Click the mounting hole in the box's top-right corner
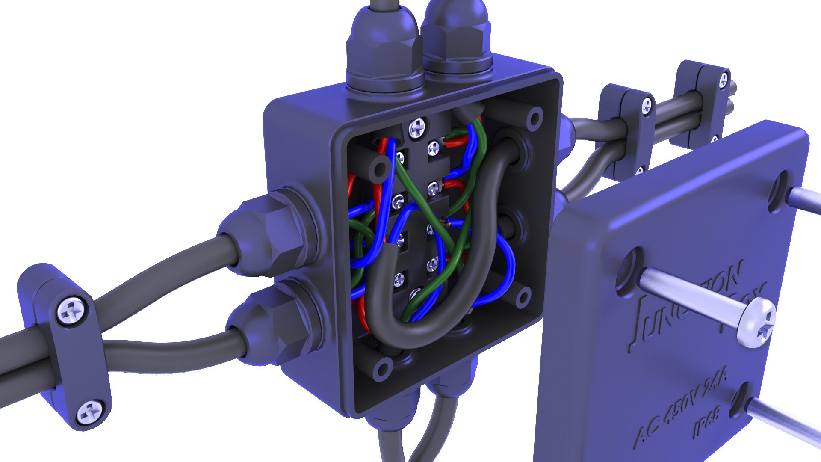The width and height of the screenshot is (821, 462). (x=534, y=119)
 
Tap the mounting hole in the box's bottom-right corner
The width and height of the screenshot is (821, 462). (x=523, y=297)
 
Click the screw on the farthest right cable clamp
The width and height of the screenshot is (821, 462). (x=723, y=79)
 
